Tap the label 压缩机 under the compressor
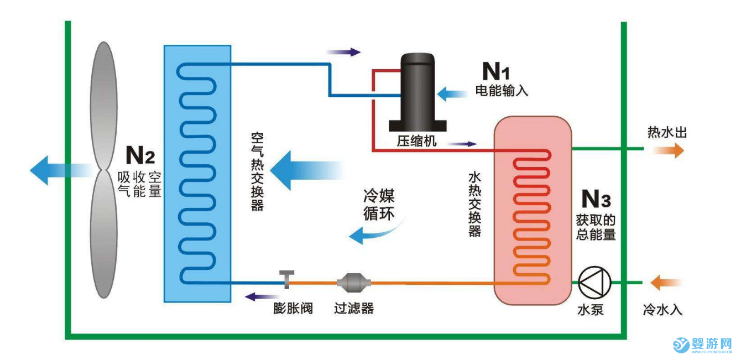coord(416,142)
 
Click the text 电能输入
coord(502,91)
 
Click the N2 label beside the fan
coord(140,155)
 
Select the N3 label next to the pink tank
coord(596,199)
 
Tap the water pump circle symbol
coord(593,282)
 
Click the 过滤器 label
coord(354,308)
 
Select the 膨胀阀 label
coord(293,308)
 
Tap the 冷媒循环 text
coord(379,205)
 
